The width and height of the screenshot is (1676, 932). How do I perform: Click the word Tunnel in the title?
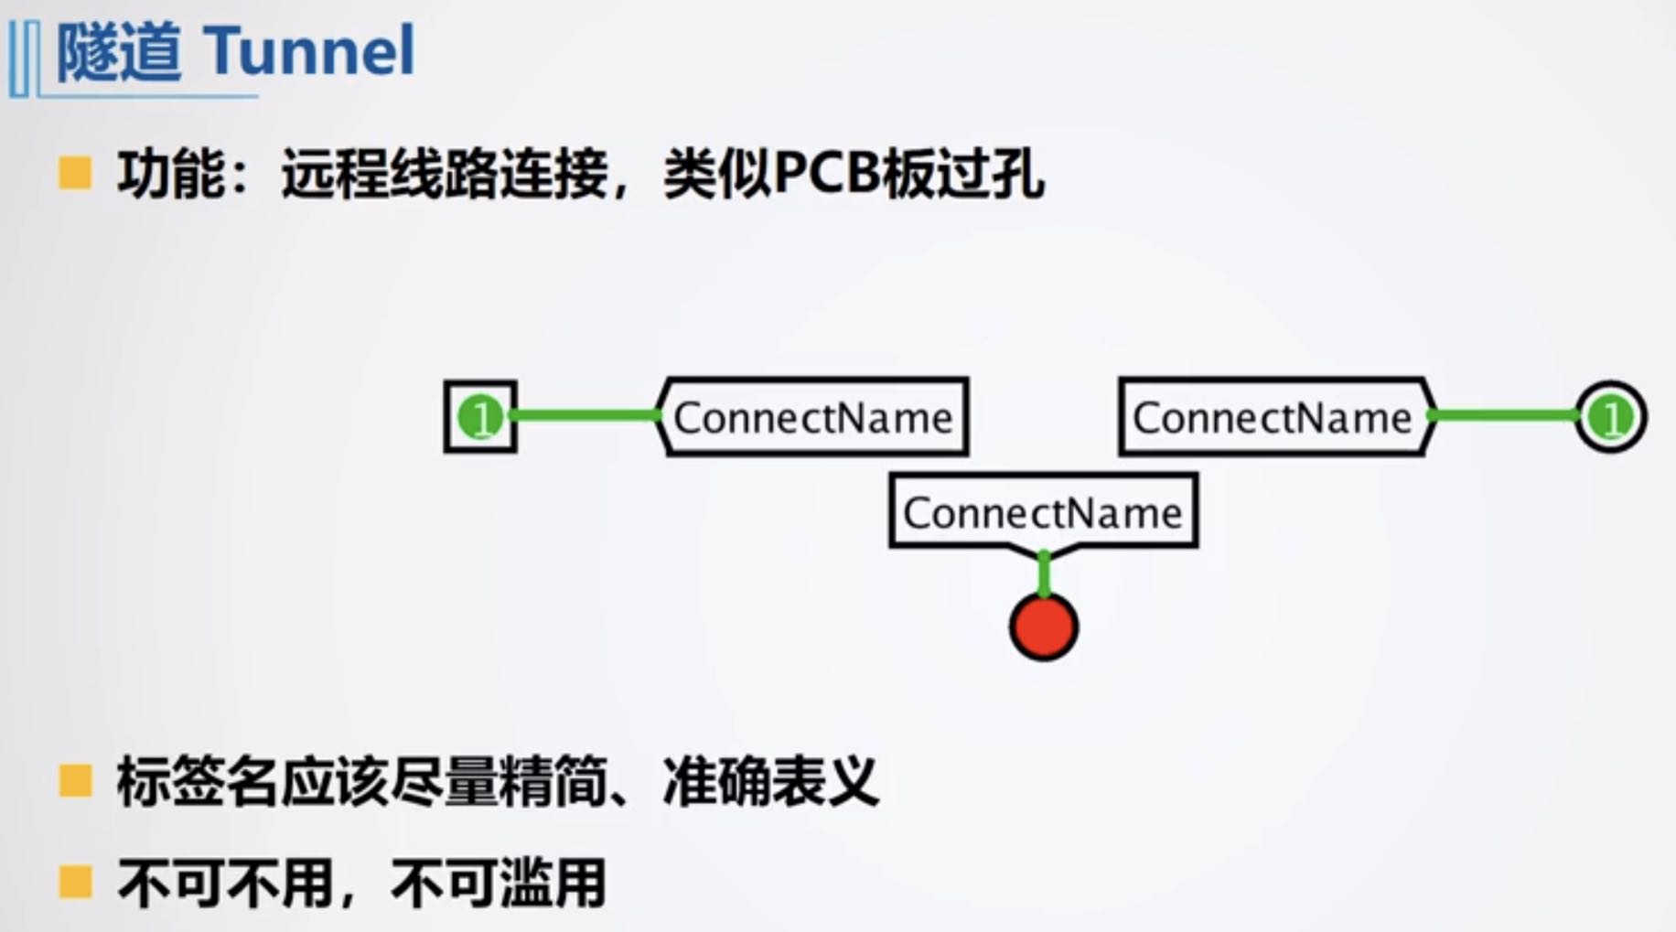coord(309,50)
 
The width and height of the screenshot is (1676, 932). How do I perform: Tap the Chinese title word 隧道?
coord(119,52)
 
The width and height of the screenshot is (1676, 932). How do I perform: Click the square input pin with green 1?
coord(480,417)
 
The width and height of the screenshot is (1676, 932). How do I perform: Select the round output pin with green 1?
coord(1610,418)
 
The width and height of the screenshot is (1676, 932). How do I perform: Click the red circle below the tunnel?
coord(1044,627)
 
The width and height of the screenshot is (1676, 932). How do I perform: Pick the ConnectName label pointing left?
coord(813,417)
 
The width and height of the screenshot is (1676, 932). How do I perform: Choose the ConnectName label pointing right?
coord(1273,417)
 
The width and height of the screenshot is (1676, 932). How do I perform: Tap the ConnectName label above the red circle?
coord(1043,511)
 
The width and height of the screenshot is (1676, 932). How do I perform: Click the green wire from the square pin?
coord(586,416)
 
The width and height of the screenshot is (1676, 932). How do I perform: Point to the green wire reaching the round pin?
coord(1505,416)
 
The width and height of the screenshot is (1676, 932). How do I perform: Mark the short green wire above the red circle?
coord(1044,574)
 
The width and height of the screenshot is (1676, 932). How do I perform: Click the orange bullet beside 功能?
coord(75,173)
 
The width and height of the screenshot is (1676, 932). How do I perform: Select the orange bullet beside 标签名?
coord(75,782)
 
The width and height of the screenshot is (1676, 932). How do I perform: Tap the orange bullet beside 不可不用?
coord(75,883)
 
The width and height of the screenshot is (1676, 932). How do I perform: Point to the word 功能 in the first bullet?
coord(171,173)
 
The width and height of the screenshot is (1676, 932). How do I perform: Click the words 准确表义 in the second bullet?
coord(770,782)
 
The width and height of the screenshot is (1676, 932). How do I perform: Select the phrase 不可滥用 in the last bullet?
coord(499,883)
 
